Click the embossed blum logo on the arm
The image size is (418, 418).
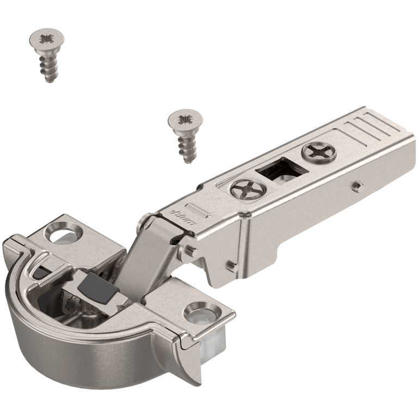[x=180, y=213]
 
